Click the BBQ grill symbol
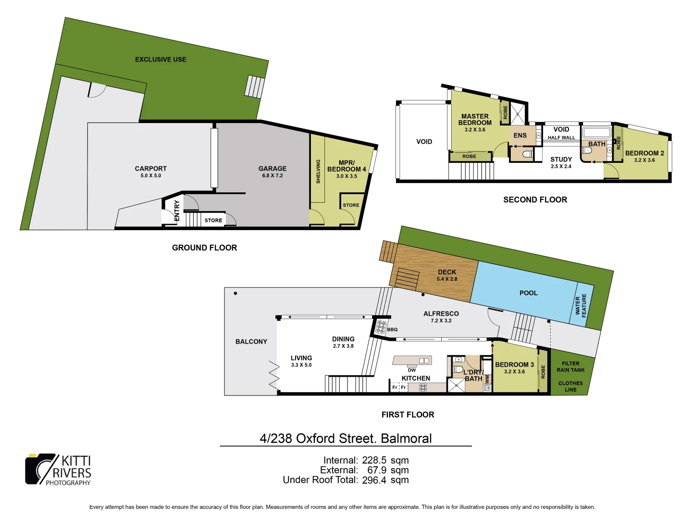click(381, 327)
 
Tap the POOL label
click(528, 293)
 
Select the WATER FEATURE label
click(581, 305)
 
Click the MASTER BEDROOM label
click(475, 119)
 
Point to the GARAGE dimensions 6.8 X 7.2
click(272, 176)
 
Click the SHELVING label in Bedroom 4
click(318, 172)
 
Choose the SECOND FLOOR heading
click(535, 199)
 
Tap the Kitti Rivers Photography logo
click(58, 470)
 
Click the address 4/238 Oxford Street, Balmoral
click(346, 438)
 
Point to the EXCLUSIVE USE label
click(161, 60)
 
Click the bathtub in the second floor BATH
click(596, 133)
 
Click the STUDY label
click(561, 159)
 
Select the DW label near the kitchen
click(412, 370)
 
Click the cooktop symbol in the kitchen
click(423, 387)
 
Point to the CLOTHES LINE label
click(570, 386)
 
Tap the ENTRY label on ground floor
click(176, 210)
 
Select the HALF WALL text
click(561, 137)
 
